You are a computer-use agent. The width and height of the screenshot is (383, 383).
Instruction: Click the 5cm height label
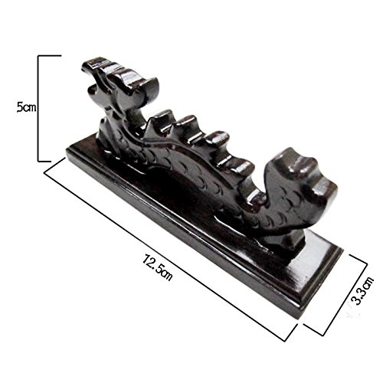coord(26,107)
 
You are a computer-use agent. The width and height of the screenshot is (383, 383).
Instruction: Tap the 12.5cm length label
coord(158,267)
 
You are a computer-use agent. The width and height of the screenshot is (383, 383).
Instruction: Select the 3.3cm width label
coord(362,290)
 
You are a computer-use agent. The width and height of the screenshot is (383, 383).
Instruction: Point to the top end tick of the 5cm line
coord(50,55)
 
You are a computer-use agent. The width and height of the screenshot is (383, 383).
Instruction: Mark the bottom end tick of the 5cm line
coord(44,162)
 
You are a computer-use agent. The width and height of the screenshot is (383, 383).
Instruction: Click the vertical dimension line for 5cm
coord(38,109)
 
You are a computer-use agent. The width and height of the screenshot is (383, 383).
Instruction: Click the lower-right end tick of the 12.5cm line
coord(291,332)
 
